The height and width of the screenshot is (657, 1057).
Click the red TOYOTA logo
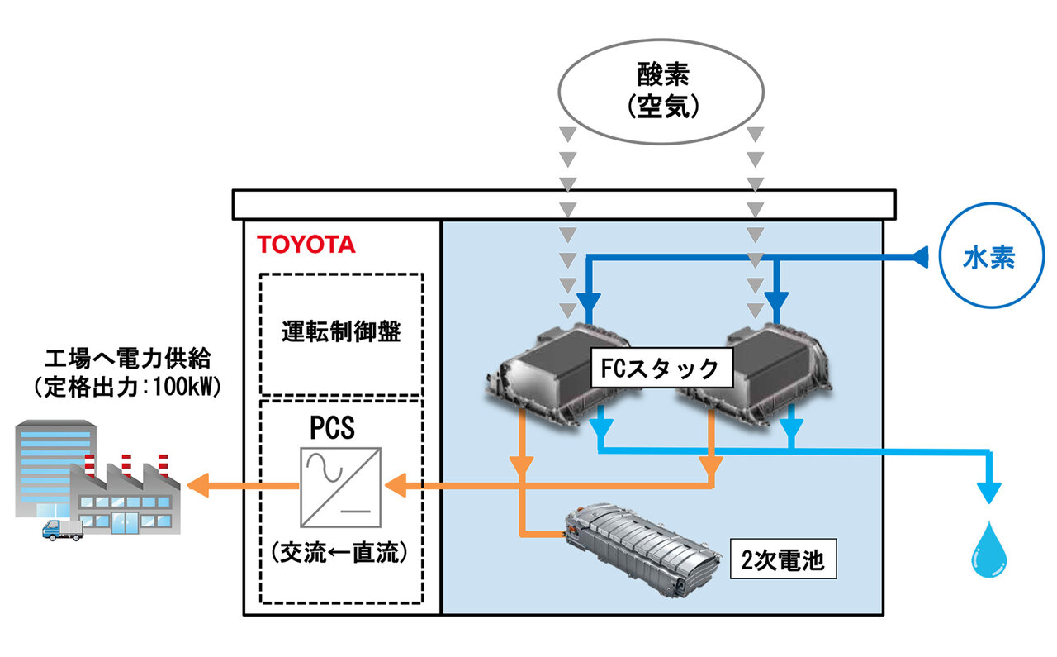[x=306, y=244]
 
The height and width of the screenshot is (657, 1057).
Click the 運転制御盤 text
[x=340, y=333]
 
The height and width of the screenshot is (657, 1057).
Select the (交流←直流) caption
[x=340, y=553]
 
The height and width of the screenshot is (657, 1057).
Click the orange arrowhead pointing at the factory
[x=199, y=486]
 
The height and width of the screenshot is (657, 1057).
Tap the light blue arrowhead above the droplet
[x=988, y=493]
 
